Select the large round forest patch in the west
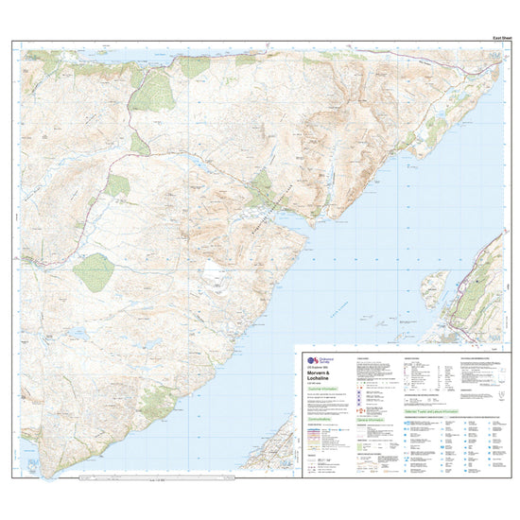point(94,272)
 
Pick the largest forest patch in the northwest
point(151,92)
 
